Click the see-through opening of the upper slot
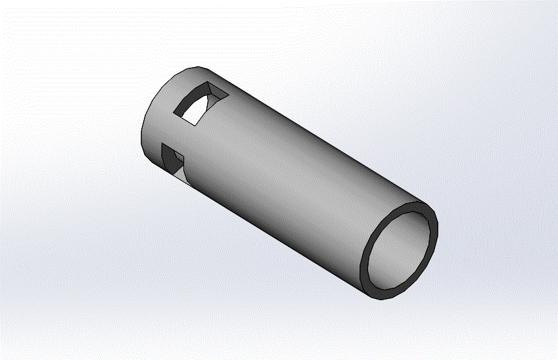coord(195,116)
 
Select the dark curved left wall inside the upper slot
coord(183,106)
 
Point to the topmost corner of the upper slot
coord(207,83)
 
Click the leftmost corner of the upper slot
coord(174,112)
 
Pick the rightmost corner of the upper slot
coord(229,96)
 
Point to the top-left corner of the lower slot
coord(162,143)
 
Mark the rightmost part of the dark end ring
coord(435,227)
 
